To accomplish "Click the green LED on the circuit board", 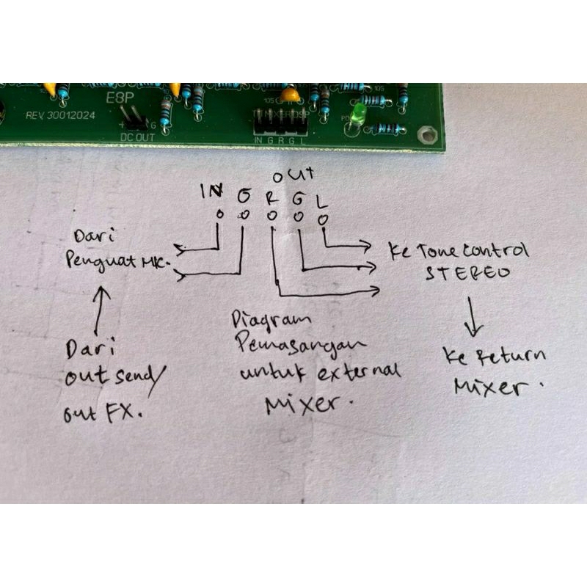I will pos(359,114).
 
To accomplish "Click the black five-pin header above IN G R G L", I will pos(279,117).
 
